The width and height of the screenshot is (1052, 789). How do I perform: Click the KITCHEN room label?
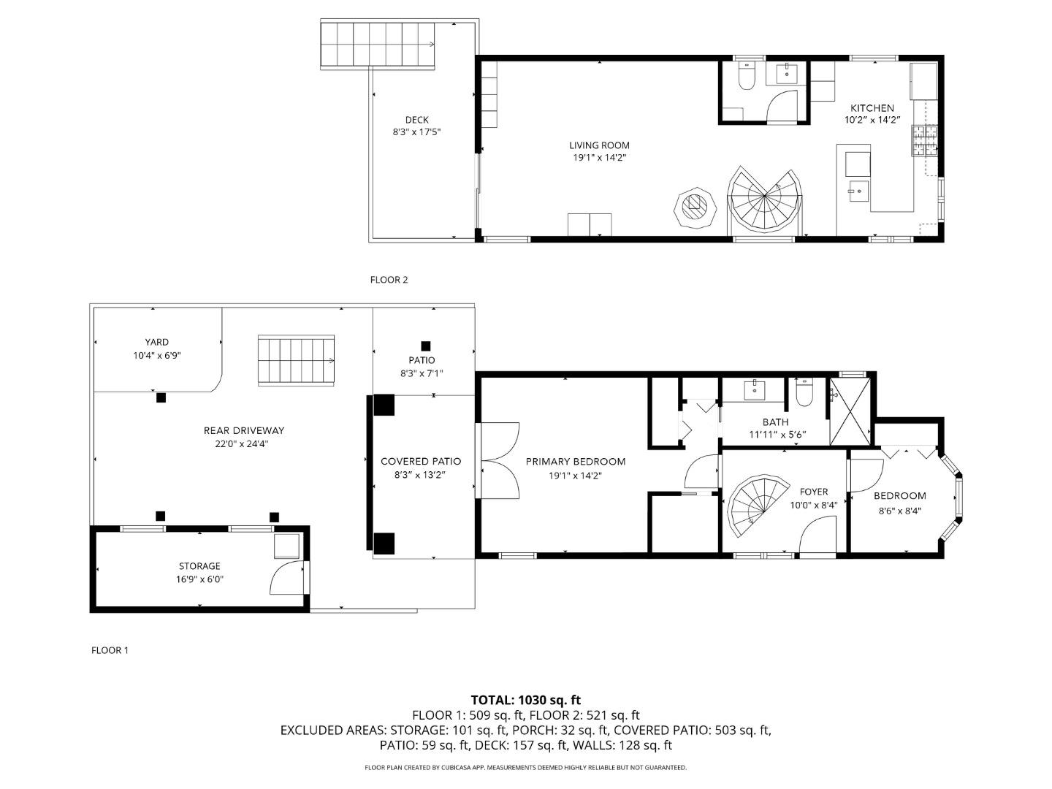tap(872, 108)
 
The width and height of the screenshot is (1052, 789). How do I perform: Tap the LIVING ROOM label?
tap(599, 145)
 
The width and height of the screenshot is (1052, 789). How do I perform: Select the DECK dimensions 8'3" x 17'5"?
tap(416, 132)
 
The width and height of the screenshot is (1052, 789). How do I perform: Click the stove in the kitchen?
tap(923, 140)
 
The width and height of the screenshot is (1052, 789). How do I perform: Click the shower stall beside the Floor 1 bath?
tap(849, 410)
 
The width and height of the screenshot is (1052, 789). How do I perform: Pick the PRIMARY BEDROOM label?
tap(576, 462)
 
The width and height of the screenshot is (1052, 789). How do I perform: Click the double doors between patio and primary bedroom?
tap(499, 460)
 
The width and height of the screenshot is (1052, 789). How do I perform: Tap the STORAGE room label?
tap(199, 566)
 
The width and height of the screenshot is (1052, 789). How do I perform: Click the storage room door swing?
tap(286, 579)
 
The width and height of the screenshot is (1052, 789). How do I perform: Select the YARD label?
tap(156, 342)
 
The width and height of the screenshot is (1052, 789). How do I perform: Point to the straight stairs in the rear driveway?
tap(296, 360)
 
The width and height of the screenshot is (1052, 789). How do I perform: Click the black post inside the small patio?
tap(425, 346)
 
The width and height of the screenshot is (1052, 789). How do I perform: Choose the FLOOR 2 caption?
tap(389, 280)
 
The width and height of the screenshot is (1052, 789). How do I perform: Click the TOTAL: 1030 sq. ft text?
tap(525, 700)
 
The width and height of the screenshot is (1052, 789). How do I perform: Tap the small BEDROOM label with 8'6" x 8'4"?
tap(899, 496)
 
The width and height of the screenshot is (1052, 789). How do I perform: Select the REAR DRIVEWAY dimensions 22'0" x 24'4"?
tap(243, 443)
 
